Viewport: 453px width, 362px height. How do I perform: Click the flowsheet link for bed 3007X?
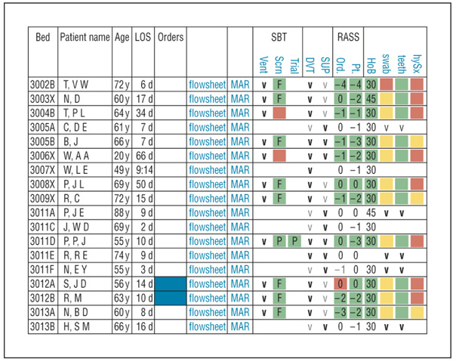tap(207, 169)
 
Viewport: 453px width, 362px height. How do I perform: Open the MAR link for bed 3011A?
tap(240, 212)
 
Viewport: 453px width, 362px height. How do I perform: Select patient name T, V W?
tap(76, 83)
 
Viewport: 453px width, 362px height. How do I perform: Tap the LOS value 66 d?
tap(143, 155)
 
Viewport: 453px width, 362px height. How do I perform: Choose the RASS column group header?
tap(348, 36)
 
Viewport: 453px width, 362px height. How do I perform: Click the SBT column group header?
tap(279, 36)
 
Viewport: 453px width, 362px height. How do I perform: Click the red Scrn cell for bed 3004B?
tap(279, 112)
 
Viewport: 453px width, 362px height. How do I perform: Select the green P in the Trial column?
tap(295, 241)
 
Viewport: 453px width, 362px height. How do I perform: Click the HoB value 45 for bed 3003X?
tap(371, 97)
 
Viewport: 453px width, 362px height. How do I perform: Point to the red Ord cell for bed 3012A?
tap(341, 284)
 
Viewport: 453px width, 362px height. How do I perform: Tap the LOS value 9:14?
tap(143, 169)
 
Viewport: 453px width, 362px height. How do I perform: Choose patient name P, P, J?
tap(76, 241)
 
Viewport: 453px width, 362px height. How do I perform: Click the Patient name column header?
tap(85, 36)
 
